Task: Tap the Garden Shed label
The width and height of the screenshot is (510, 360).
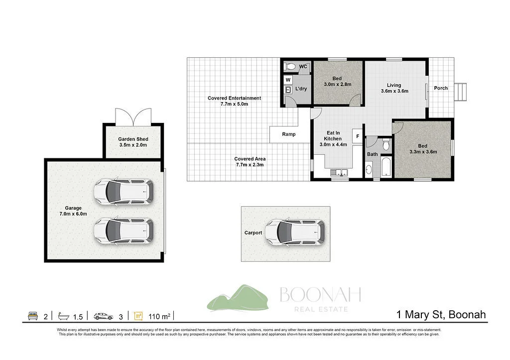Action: pyautogui.click(x=133, y=142)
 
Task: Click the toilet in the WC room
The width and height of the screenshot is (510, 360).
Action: pyautogui.click(x=290, y=66)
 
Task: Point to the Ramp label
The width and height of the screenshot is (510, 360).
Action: pyautogui.click(x=289, y=134)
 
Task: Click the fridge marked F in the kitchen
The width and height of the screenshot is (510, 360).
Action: pyautogui.click(x=357, y=136)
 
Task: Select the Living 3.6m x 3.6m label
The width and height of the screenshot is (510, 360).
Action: pyautogui.click(x=394, y=88)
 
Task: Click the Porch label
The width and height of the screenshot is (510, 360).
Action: pyautogui.click(x=441, y=88)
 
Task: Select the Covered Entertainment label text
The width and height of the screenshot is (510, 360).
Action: pyautogui.click(x=234, y=101)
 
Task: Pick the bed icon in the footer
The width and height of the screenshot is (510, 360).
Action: pyautogui.click(x=32, y=316)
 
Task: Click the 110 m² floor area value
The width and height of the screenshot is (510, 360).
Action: pyautogui.click(x=159, y=316)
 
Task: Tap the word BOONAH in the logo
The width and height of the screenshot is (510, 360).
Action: pyautogui.click(x=320, y=295)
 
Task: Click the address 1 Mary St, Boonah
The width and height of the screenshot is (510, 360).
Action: pyautogui.click(x=441, y=315)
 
